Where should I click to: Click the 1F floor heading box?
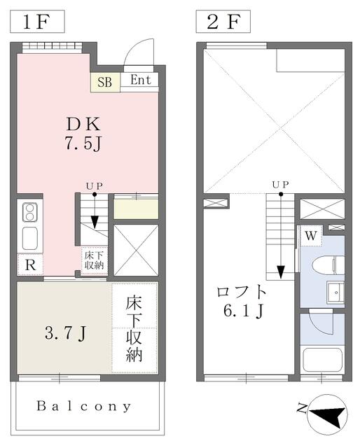(x=37, y=22)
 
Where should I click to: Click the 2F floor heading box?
(x=223, y=22)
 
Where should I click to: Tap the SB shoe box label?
(x=105, y=83)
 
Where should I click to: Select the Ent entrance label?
(x=140, y=80)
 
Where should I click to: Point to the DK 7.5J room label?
(x=83, y=134)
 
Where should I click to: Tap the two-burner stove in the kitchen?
(x=29, y=211)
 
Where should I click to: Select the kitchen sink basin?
(x=29, y=239)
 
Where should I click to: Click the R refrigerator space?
(x=30, y=265)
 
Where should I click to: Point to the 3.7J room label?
(x=65, y=333)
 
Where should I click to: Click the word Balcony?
(x=84, y=406)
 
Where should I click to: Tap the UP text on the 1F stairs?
(x=95, y=186)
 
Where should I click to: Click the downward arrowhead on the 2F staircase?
(x=281, y=272)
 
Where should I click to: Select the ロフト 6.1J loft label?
(x=242, y=301)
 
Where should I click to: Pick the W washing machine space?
(x=311, y=236)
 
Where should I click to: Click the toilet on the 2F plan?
(x=328, y=265)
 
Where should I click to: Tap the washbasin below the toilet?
(x=335, y=292)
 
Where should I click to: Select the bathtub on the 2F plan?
(x=322, y=360)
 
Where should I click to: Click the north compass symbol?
(x=327, y=414)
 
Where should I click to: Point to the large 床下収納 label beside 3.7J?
(x=134, y=329)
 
